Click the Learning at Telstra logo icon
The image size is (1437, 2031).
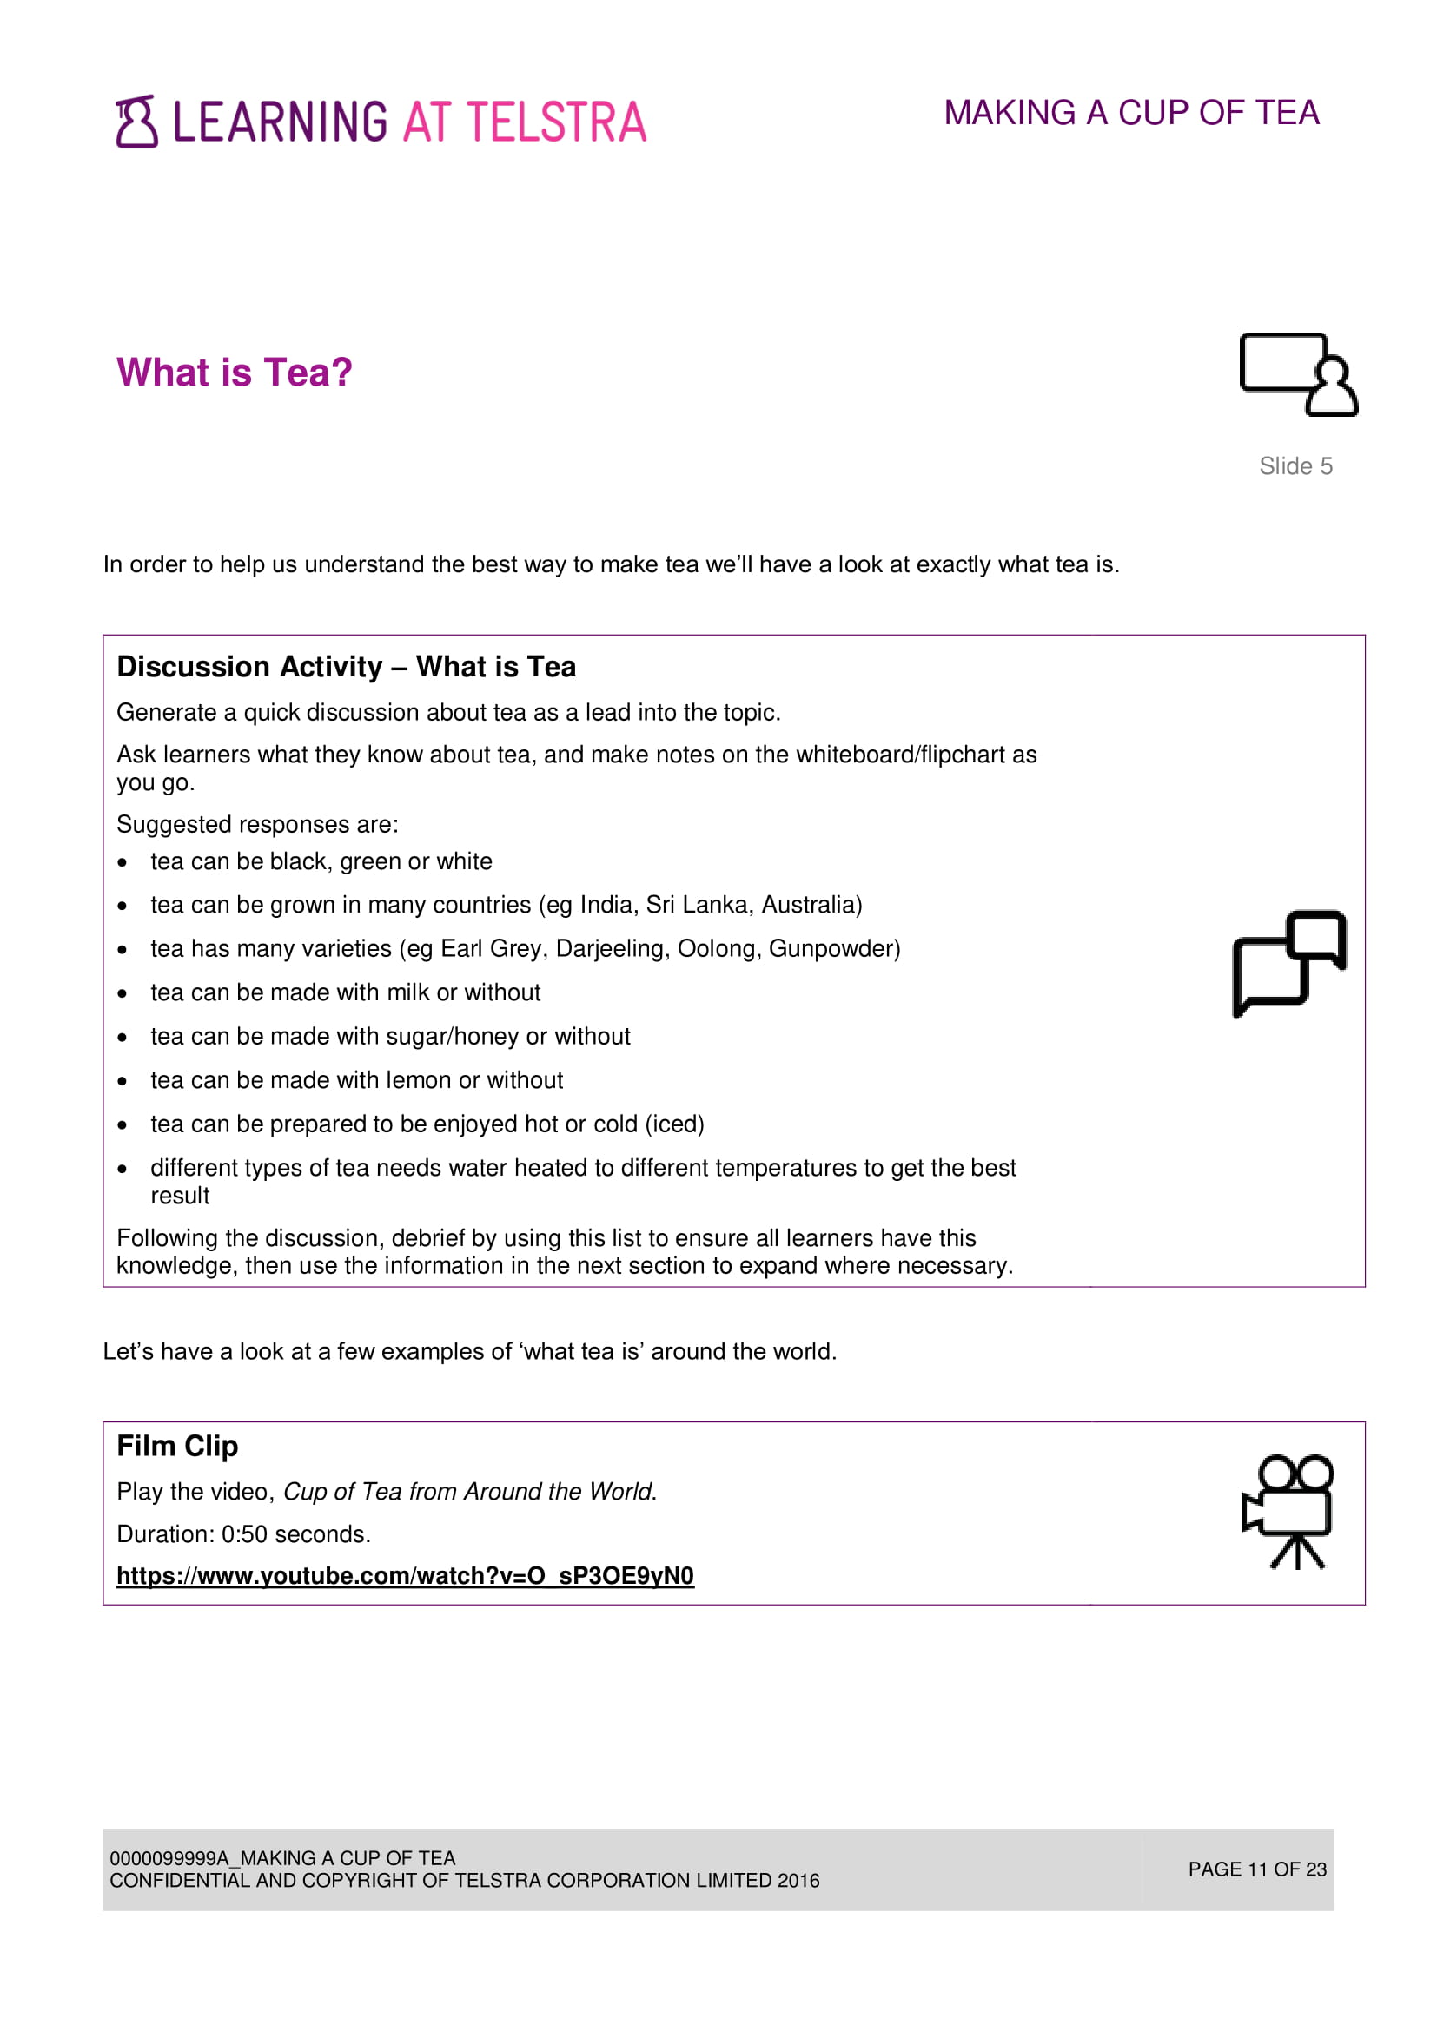[x=136, y=122]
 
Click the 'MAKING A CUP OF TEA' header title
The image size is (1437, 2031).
[x=1131, y=113]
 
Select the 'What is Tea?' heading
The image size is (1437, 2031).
[x=235, y=373]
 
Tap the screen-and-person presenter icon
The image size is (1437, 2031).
[x=1297, y=374]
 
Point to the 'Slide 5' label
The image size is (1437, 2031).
[x=1295, y=466]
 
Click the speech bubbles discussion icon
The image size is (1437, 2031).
[x=1289, y=963]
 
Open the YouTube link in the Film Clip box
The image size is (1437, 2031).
[x=405, y=1575]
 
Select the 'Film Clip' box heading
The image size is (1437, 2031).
[x=177, y=1446]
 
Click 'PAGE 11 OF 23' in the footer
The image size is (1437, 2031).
[x=1256, y=1869]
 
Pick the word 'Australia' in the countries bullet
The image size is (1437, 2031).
[x=809, y=905]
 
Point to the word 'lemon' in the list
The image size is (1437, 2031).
[x=419, y=1080]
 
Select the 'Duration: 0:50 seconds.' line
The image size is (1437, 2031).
[x=243, y=1533]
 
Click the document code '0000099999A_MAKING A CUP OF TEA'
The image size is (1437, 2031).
[x=282, y=1857]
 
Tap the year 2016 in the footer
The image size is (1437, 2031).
[x=798, y=1880]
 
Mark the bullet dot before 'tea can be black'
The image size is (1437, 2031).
[x=123, y=862]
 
